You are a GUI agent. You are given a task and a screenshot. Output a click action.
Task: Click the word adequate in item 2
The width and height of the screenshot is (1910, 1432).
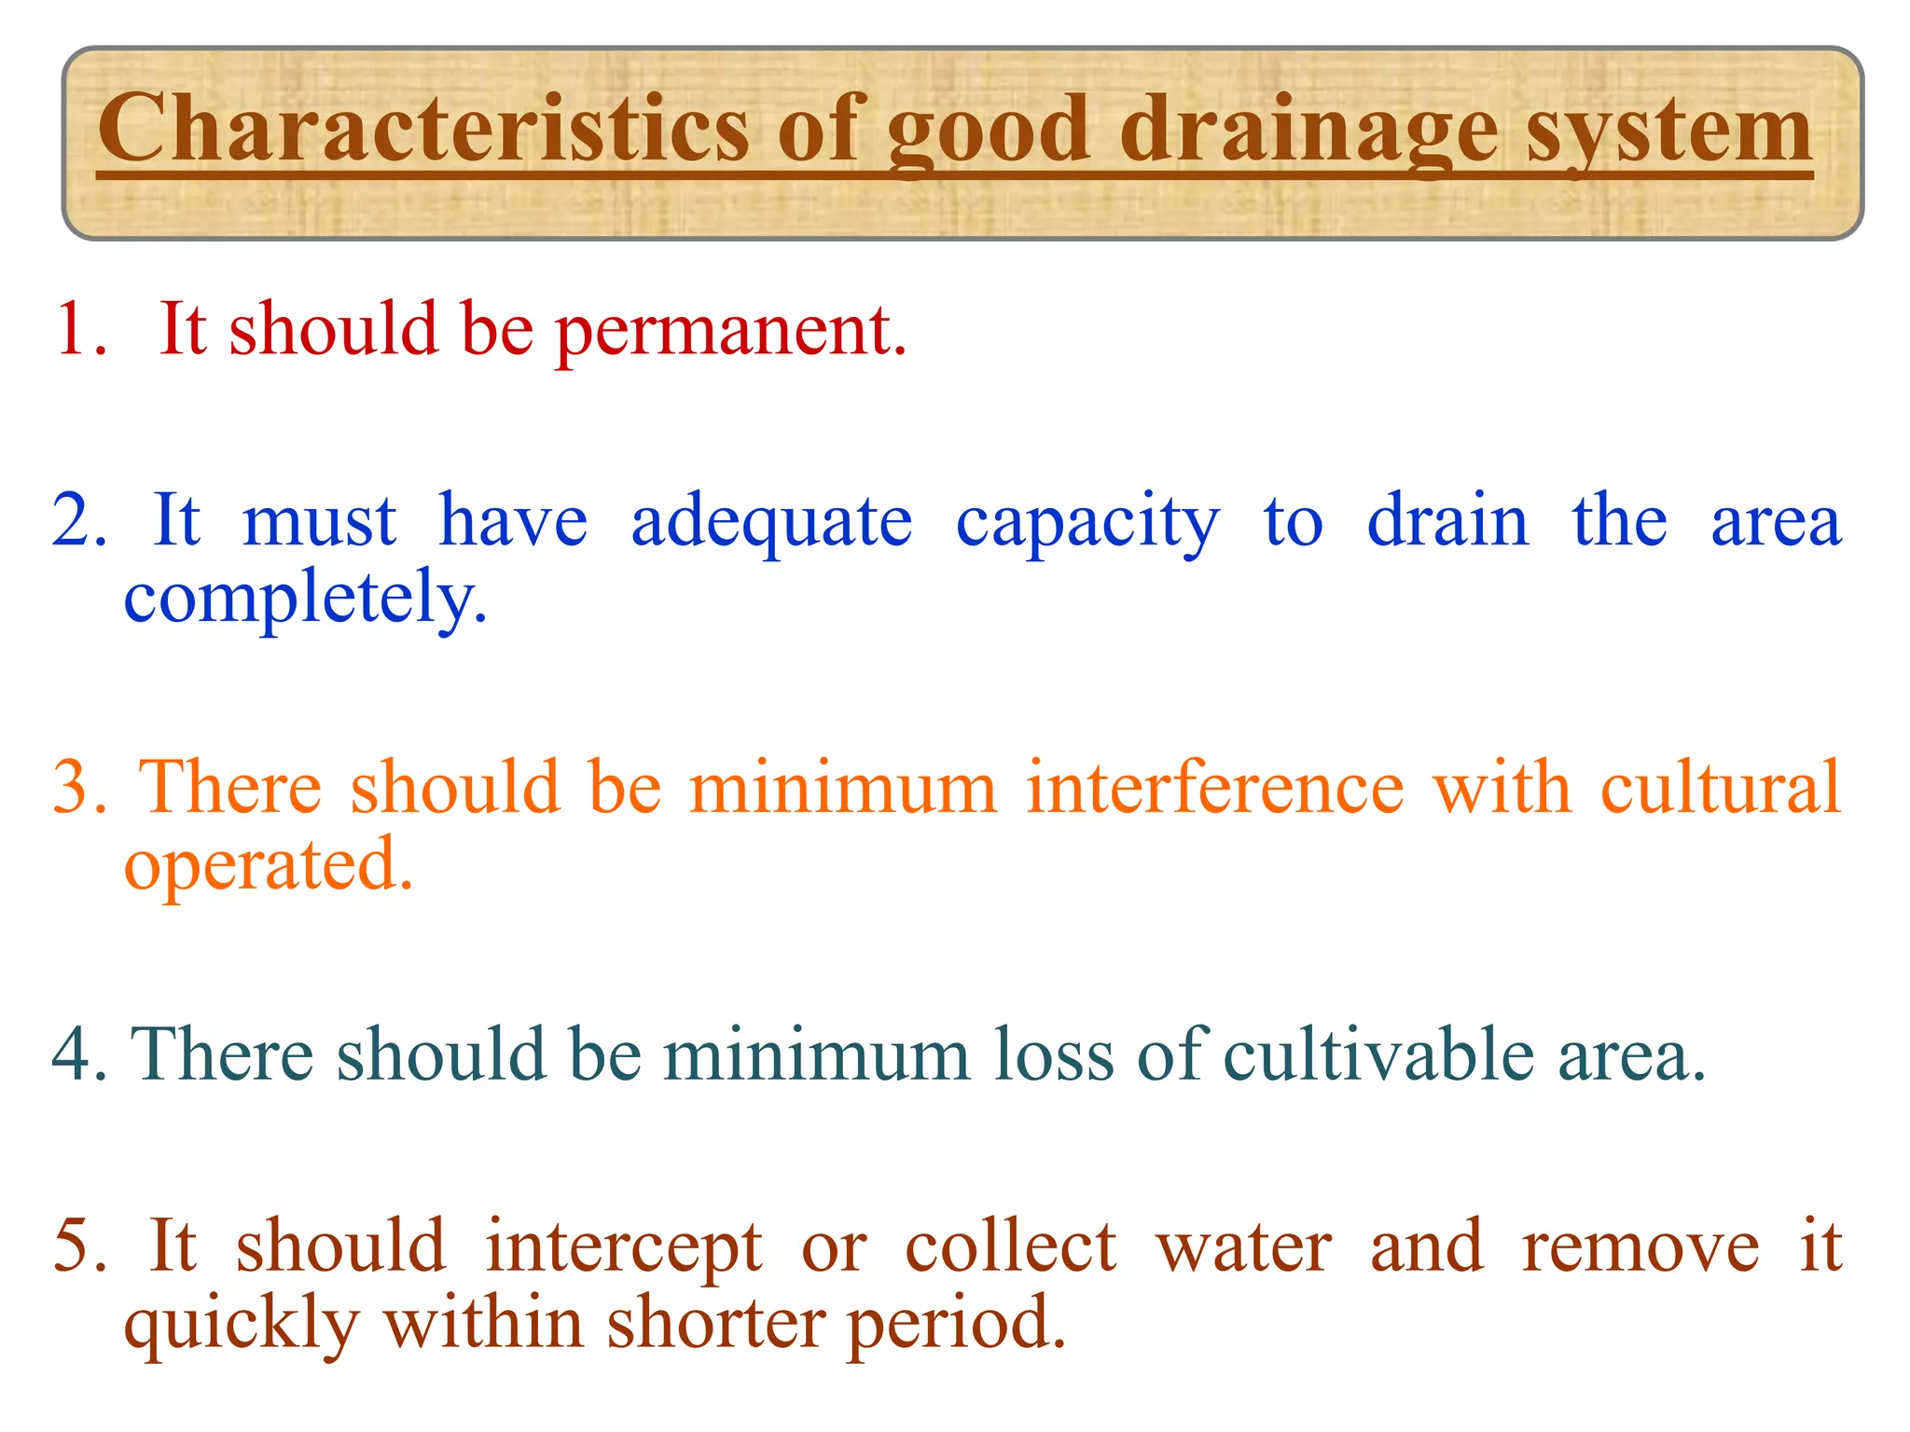771,522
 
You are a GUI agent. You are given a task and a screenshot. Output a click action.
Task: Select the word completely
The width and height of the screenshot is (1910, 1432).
305,599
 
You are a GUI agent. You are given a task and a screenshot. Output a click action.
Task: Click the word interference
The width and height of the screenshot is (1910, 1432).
1214,788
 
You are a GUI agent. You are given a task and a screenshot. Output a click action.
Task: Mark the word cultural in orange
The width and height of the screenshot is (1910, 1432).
1721,788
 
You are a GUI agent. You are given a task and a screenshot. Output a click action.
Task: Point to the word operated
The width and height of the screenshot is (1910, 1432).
268,866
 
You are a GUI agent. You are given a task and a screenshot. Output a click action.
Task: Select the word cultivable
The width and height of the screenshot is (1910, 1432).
1377,1054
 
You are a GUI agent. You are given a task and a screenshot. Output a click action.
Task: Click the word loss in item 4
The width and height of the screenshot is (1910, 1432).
1053,1054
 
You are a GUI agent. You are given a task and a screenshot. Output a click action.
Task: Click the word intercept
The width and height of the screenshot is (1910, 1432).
624,1247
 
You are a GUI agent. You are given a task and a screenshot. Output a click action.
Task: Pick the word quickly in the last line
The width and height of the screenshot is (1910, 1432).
242,1325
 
